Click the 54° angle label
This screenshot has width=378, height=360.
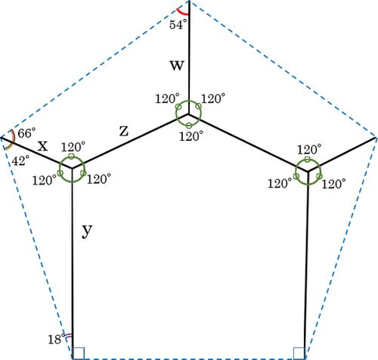[178, 25]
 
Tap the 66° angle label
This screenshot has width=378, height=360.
[26, 133]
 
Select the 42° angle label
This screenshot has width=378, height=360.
[20, 160]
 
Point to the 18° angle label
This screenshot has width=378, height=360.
[56, 339]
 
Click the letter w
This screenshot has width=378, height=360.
[177, 65]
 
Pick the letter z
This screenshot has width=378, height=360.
[124, 132]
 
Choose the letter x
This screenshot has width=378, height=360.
[42, 146]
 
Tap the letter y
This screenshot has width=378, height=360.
[87, 231]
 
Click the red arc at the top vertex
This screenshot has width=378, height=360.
[181, 13]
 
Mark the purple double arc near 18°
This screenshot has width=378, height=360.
[67, 337]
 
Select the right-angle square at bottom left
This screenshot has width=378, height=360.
[79, 353]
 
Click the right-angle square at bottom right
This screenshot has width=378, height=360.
[299, 353]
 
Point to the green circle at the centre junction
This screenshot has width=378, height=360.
[189, 101]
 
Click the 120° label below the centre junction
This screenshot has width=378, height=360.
[191, 136]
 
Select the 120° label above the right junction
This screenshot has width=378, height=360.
[309, 150]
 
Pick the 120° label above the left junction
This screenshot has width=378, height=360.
[73, 147]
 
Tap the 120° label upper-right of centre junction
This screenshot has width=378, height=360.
[213, 98]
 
